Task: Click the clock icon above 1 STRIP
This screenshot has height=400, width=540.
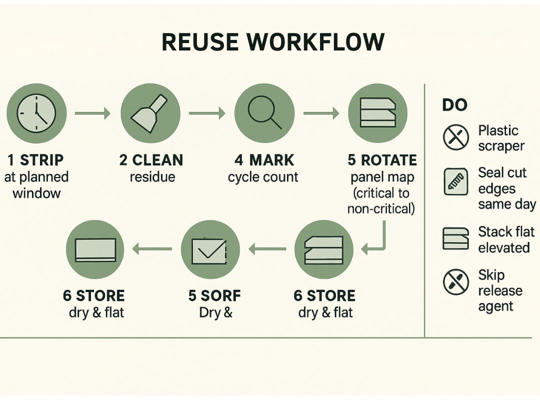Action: click(x=36, y=113)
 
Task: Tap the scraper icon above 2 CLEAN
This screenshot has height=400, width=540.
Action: click(x=149, y=113)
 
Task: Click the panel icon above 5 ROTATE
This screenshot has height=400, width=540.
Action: click(x=377, y=113)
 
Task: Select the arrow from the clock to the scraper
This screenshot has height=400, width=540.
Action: click(x=92, y=113)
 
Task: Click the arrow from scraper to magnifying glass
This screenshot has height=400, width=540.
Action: click(x=206, y=113)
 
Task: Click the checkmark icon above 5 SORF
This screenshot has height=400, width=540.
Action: click(x=210, y=249)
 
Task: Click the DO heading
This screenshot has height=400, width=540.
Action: click(x=454, y=105)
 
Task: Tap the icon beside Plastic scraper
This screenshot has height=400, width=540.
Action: click(x=455, y=137)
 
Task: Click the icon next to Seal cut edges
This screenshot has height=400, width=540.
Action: click(x=455, y=182)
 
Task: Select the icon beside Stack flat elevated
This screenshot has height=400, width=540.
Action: click(x=455, y=238)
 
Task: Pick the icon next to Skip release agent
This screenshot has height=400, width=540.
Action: click(x=455, y=282)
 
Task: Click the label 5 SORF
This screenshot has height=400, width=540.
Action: click(x=214, y=295)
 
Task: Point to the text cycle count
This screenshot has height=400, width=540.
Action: click(x=263, y=177)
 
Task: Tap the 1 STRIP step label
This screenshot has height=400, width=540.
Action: click(x=36, y=160)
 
